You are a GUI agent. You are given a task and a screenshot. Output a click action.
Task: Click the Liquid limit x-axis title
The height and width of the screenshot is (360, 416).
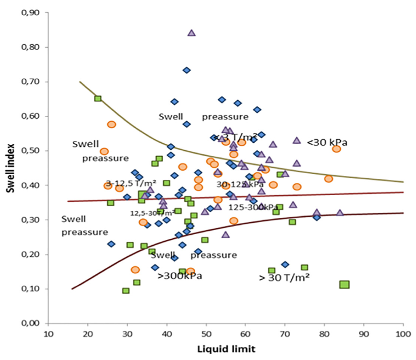click(x=227, y=350)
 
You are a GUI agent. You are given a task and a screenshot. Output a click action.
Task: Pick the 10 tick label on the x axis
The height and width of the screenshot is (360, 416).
click(x=48, y=334)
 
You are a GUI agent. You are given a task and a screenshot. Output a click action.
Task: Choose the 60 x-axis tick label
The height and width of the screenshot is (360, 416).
click(x=245, y=334)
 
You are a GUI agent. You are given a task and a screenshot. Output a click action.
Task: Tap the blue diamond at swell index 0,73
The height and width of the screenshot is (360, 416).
click(x=186, y=70)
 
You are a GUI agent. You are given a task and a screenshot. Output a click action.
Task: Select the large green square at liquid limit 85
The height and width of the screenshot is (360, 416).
click(x=344, y=284)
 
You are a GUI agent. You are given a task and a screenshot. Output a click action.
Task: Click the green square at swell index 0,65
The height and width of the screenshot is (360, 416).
click(x=98, y=98)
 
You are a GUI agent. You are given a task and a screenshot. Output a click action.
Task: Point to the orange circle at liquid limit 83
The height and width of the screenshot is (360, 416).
click(x=336, y=149)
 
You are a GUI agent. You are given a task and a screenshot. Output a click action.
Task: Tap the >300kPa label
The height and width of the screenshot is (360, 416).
click(x=180, y=276)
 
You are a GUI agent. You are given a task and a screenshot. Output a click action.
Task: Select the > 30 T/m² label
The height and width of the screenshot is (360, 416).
click(x=284, y=276)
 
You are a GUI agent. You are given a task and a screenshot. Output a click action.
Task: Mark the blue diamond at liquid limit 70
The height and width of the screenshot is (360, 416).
click(x=285, y=264)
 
